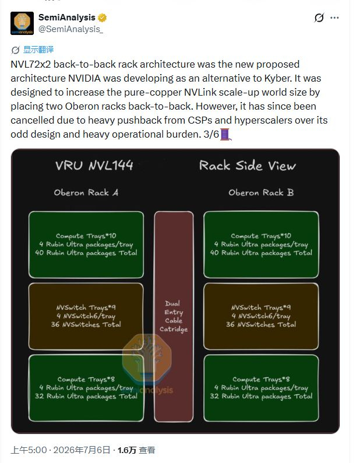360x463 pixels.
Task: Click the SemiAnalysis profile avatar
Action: (22, 23)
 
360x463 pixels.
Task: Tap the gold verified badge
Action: (103, 17)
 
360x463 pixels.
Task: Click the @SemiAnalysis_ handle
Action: (71, 29)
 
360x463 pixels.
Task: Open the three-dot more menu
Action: (334, 17)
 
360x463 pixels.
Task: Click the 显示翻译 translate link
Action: (38, 50)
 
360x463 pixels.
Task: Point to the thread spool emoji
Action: (225, 134)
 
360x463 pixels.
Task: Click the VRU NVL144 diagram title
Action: (94, 166)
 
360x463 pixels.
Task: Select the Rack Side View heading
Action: (247, 166)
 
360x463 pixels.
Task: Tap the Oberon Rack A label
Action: (86, 193)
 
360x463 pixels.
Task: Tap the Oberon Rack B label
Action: (261, 193)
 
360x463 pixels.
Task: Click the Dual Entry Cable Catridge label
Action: (174, 317)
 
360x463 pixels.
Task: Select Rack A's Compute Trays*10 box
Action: (86, 244)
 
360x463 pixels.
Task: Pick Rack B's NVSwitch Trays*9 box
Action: (261, 316)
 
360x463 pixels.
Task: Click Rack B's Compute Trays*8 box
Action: (261, 388)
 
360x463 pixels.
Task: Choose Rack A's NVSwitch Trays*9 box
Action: (86, 316)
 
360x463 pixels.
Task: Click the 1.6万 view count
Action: (127, 450)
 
